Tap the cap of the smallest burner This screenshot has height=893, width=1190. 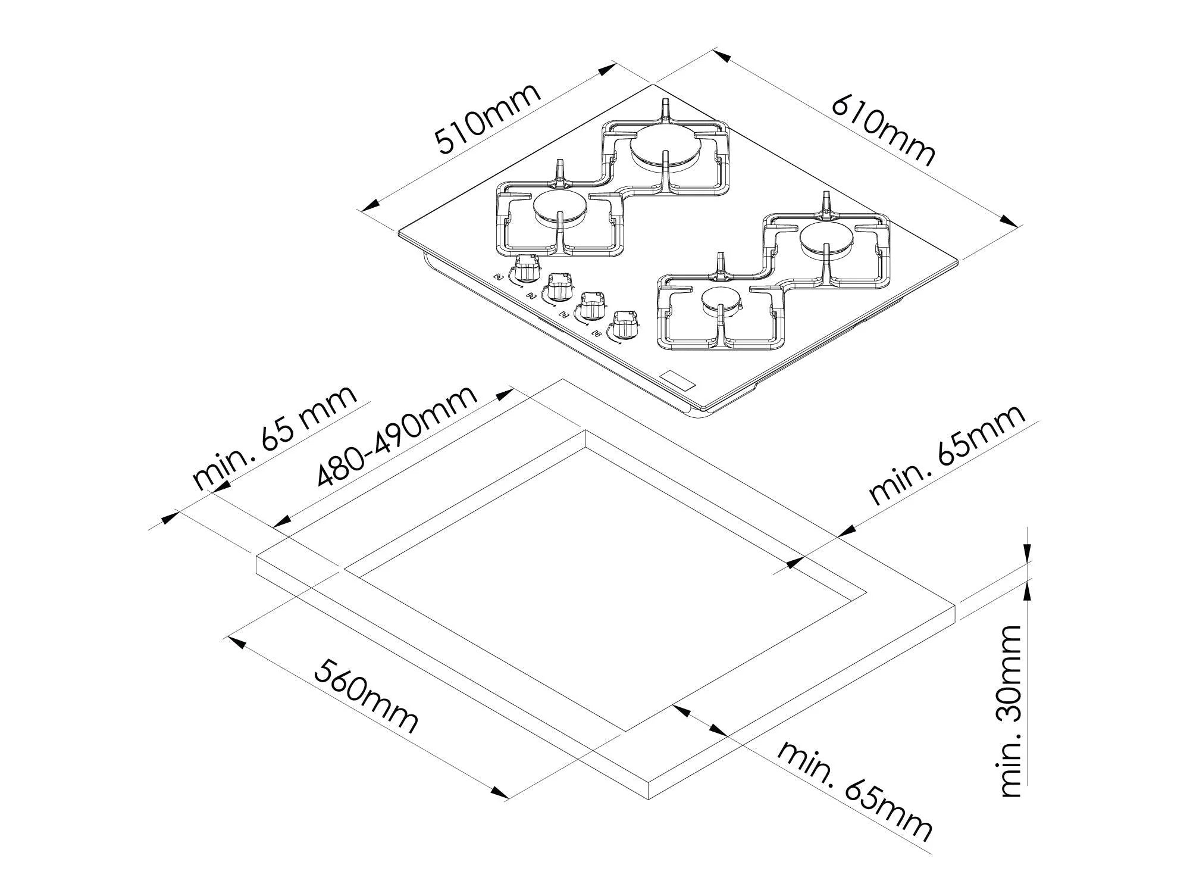(x=721, y=302)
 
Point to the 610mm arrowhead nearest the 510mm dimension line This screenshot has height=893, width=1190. (x=721, y=57)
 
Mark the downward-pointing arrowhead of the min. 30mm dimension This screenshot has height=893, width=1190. (x=1028, y=552)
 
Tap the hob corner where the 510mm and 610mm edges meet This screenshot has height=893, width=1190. (x=656, y=84)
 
